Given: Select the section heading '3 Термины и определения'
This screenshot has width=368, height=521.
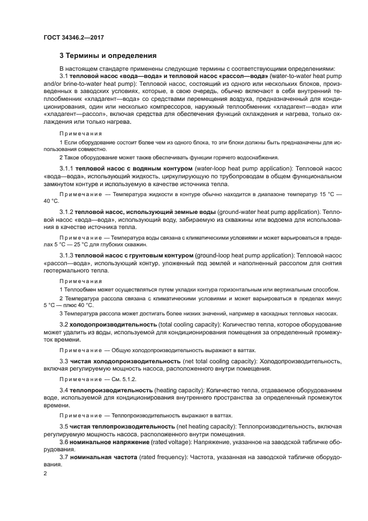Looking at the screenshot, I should click(108, 56).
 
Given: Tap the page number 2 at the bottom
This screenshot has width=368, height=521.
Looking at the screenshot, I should click(46, 473).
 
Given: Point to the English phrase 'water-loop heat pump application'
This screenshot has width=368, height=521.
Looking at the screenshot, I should click(241, 168).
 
